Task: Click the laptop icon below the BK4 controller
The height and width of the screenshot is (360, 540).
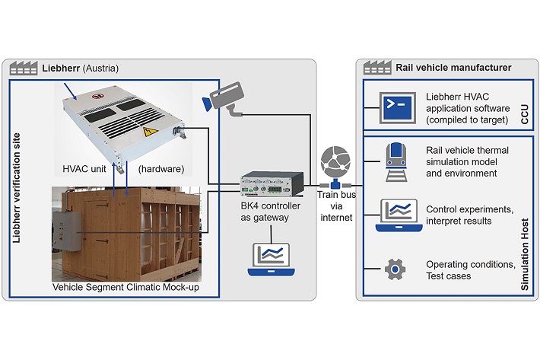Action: [x=272, y=260]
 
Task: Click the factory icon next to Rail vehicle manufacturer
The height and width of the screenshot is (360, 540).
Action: [x=378, y=68]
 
